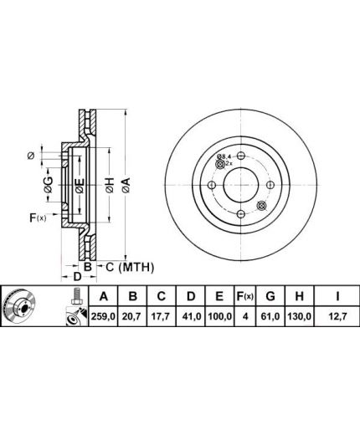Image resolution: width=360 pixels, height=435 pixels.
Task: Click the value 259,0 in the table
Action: point(103,316)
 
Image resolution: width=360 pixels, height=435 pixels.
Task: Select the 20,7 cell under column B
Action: point(132,316)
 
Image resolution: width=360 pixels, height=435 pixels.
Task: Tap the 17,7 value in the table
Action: point(161,316)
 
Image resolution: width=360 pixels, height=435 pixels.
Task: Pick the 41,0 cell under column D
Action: point(191,316)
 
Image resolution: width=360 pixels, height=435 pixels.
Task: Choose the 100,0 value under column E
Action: point(219,316)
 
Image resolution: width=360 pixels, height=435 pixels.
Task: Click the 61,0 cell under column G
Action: point(270,316)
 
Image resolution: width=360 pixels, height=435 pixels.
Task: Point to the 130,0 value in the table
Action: point(299,316)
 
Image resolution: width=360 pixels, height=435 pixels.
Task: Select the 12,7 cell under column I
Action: point(337,316)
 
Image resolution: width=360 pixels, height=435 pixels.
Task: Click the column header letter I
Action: point(337,296)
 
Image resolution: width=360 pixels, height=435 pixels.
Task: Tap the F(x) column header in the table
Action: point(244,296)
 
